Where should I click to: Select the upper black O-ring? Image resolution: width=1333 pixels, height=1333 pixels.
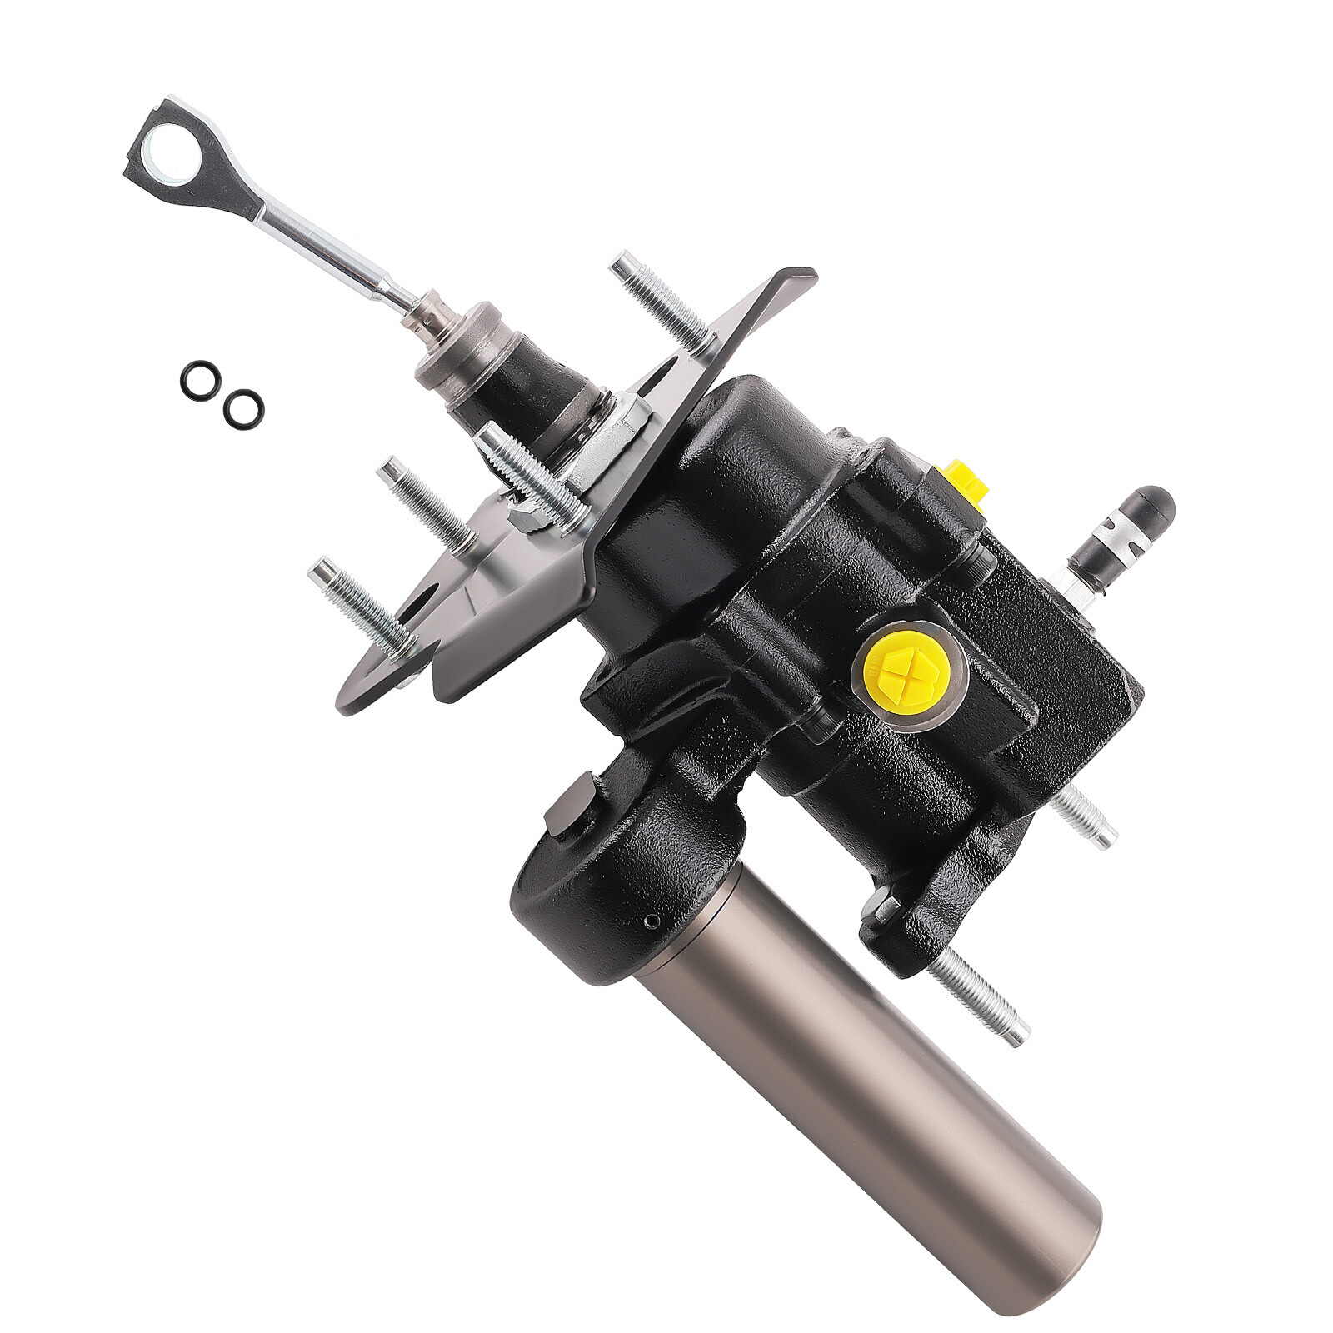pyautogui.click(x=200, y=381)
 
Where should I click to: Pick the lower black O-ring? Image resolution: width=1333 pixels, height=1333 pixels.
pyautogui.click(x=244, y=408)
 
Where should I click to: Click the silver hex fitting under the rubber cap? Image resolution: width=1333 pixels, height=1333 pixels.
pyautogui.click(x=1083, y=575)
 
